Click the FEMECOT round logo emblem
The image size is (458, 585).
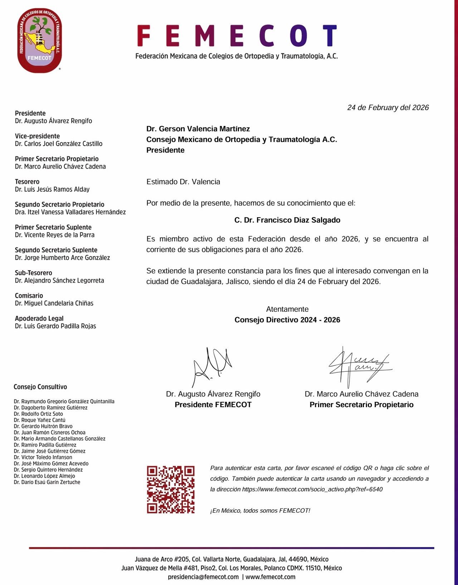pyautogui.click(x=39, y=41)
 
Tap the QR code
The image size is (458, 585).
pyautogui.click(x=171, y=489)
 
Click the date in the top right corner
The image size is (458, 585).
pyautogui.click(x=388, y=108)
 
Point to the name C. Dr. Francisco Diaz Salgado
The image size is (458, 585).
pyautogui.click(x=287, y=220)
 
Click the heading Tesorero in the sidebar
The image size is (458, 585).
pyautogui.click(x=27, y=182)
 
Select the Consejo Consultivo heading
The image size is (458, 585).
pyautogui.click(x=40, y=387)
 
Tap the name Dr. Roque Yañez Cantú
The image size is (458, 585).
pyautogui.click(x=40, y=420)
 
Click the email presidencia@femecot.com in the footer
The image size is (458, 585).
pyautogui.click(x=203, y=577)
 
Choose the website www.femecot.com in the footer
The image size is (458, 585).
pyautogui.click(x=271, y=577)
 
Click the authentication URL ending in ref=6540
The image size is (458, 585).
pyautogui.click(x=312, y=489)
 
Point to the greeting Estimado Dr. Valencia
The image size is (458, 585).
pyautogui.click(x=183, y=182)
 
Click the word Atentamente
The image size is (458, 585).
pyautogui.click(x=287, y=309)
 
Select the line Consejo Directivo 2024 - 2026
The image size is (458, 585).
pyautogui.click(x=287, y=320)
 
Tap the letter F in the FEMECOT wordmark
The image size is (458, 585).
pyautogui.click(x=143, y=36)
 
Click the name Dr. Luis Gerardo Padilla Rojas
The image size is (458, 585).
pyautogui.click(x=55, y=326)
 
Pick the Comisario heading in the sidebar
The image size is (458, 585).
pyautogui.click(x=29, y=296)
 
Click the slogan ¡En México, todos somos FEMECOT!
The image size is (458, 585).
pyautogui.click(x=260, y=511)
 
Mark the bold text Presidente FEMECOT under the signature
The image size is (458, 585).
pyautogui.click(x=213, y=405)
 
